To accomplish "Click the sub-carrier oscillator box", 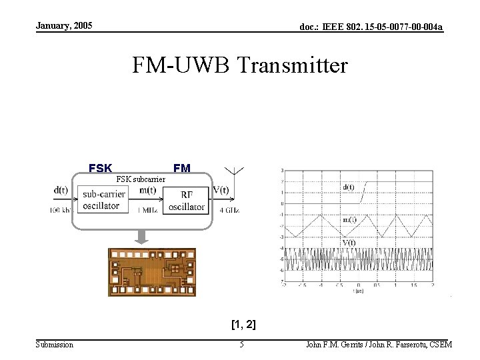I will (101, 199).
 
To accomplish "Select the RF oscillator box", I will (187, 200).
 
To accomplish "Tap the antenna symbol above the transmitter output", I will (237, 171).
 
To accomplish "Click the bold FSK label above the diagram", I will (101, 168).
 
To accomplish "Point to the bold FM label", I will (181, 168).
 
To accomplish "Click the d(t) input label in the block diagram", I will (61, 189).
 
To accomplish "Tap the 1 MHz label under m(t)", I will (148, 210).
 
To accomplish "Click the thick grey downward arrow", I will (142, 236).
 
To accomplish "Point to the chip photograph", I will (152, 272).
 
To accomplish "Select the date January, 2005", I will (64, 26).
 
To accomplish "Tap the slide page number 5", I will (242, 345).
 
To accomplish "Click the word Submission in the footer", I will (55, 345).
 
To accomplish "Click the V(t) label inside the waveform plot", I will (349, 242).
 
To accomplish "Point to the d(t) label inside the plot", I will (349, 187).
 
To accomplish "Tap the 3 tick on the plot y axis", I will (282, 170).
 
